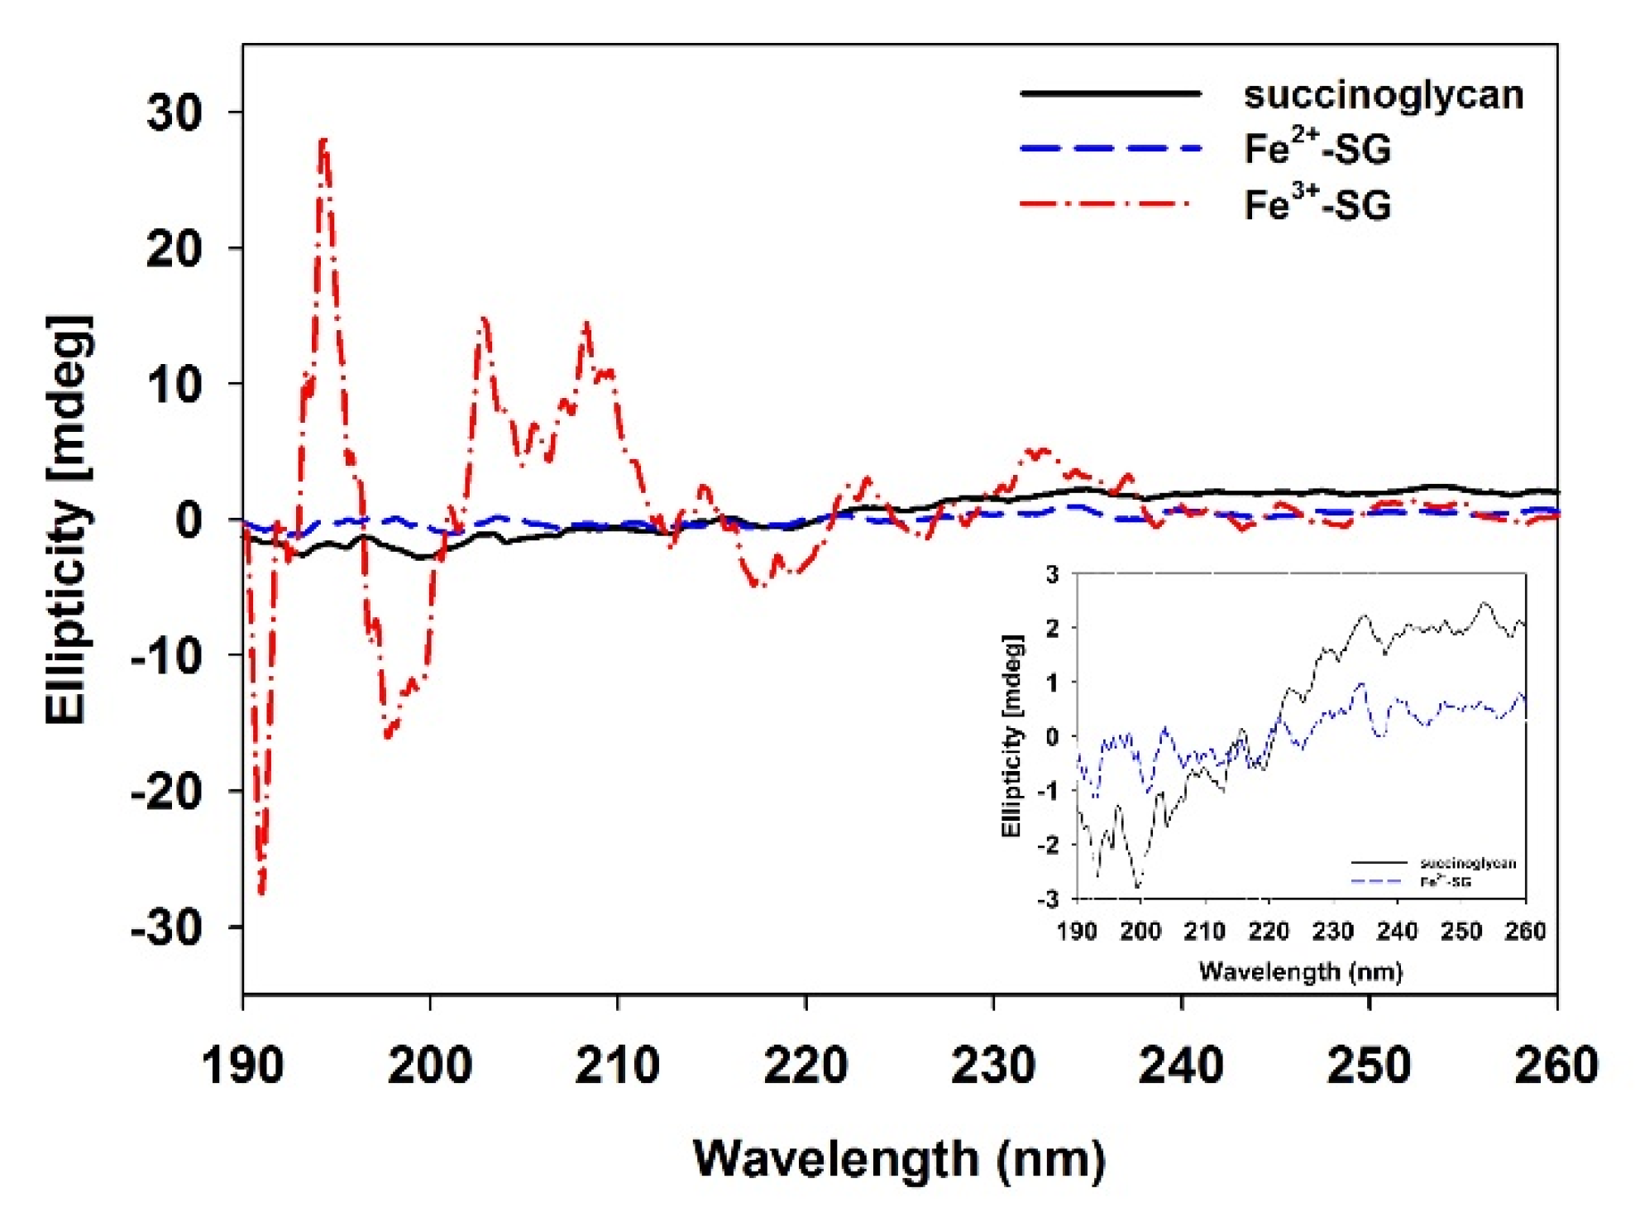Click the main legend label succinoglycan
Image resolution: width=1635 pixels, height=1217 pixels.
[1383, 95]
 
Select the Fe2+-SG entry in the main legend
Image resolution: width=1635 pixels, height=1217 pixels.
[1317, 149]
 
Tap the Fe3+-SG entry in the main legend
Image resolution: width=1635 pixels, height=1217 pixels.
[1317, 204]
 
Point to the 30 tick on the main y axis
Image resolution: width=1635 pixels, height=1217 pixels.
[174, 113]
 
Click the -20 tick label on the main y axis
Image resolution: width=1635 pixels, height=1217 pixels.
[166, 792]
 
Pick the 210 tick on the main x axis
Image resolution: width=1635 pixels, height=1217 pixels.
[617, 1066]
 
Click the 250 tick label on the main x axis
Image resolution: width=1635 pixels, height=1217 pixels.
[1369, 1066]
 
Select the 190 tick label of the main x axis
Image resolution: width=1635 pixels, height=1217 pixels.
[242, 1066]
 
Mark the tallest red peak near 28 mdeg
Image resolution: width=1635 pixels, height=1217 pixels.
[323, 141]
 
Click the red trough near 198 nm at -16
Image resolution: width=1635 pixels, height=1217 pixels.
[387, 735]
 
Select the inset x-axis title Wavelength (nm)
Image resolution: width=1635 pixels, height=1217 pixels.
[1300, 971]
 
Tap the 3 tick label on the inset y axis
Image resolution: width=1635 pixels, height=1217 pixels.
[1052, 574]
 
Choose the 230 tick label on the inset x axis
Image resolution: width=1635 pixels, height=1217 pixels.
[1332, 932]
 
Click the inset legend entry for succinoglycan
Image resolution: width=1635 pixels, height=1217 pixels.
[1468, 864]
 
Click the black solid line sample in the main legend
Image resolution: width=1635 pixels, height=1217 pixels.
[1110, 93]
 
